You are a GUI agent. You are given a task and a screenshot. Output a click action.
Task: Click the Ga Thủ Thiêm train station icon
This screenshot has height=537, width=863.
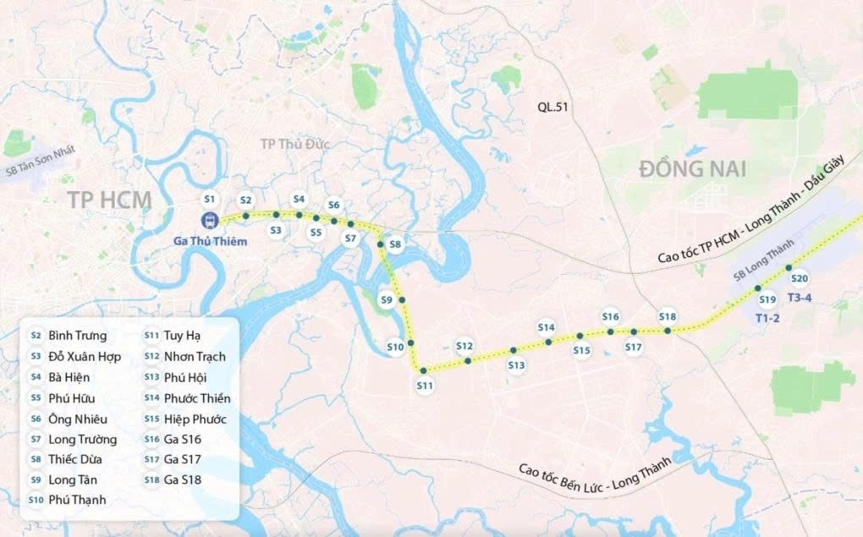(x=209, y=220)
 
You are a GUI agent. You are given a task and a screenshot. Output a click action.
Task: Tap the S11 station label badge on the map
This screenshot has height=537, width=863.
(x=425, y=386)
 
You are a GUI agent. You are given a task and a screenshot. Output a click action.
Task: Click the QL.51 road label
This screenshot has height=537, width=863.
(x=552, y=107)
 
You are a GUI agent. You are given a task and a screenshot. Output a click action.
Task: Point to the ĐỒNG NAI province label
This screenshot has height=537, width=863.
(x=692, y=168)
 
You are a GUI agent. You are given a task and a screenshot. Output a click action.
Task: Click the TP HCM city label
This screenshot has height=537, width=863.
(x=109, y=200)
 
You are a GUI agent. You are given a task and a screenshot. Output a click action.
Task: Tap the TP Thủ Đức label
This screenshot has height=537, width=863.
(x=292, y=145)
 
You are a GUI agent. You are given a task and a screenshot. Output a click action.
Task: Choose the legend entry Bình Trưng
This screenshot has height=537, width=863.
(x=78, y=336)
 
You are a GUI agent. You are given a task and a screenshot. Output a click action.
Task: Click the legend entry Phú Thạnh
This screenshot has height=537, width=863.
(x=78, y=500)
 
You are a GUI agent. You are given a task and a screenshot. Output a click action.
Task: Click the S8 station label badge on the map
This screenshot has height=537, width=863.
(x=395, y=245)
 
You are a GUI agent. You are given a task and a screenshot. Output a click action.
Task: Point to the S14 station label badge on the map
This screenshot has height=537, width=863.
(x=546, y=327)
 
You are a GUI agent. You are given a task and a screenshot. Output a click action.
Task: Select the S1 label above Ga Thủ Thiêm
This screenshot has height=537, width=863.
(x=210, y=199)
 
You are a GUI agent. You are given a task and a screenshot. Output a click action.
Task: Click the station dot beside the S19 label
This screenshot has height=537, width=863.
(x=758, y=288)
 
